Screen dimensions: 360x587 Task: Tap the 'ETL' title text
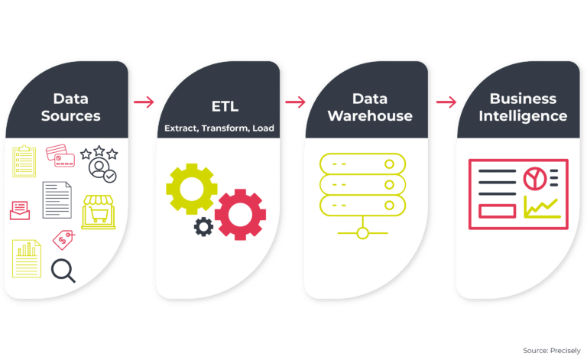pyautogui.click(x=219, y=107)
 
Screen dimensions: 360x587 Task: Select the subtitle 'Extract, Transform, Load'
pyautogui.click(x=219, y=128)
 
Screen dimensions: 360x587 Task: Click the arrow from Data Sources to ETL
pyautogui.click(x=143, y=101)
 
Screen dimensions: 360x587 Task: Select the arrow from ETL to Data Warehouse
pyautogui.click(x=295, y=101)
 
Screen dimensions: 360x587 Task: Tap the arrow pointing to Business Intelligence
pyautogui.click(x=446, y=101)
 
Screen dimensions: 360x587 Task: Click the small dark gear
pyautogui.click(x=203, y=226)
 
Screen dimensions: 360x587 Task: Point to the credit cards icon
pyautogui.click(x=60, y=156)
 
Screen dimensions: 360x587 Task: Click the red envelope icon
pyautogui.click(x=21, y=208)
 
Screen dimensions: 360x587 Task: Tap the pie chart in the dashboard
pyautogui.click(x=533, y=179)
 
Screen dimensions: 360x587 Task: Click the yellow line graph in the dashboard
pyautogui.click(x=541, y=206)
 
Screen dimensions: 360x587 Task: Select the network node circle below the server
pyautogui.click(x=362, y=232)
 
